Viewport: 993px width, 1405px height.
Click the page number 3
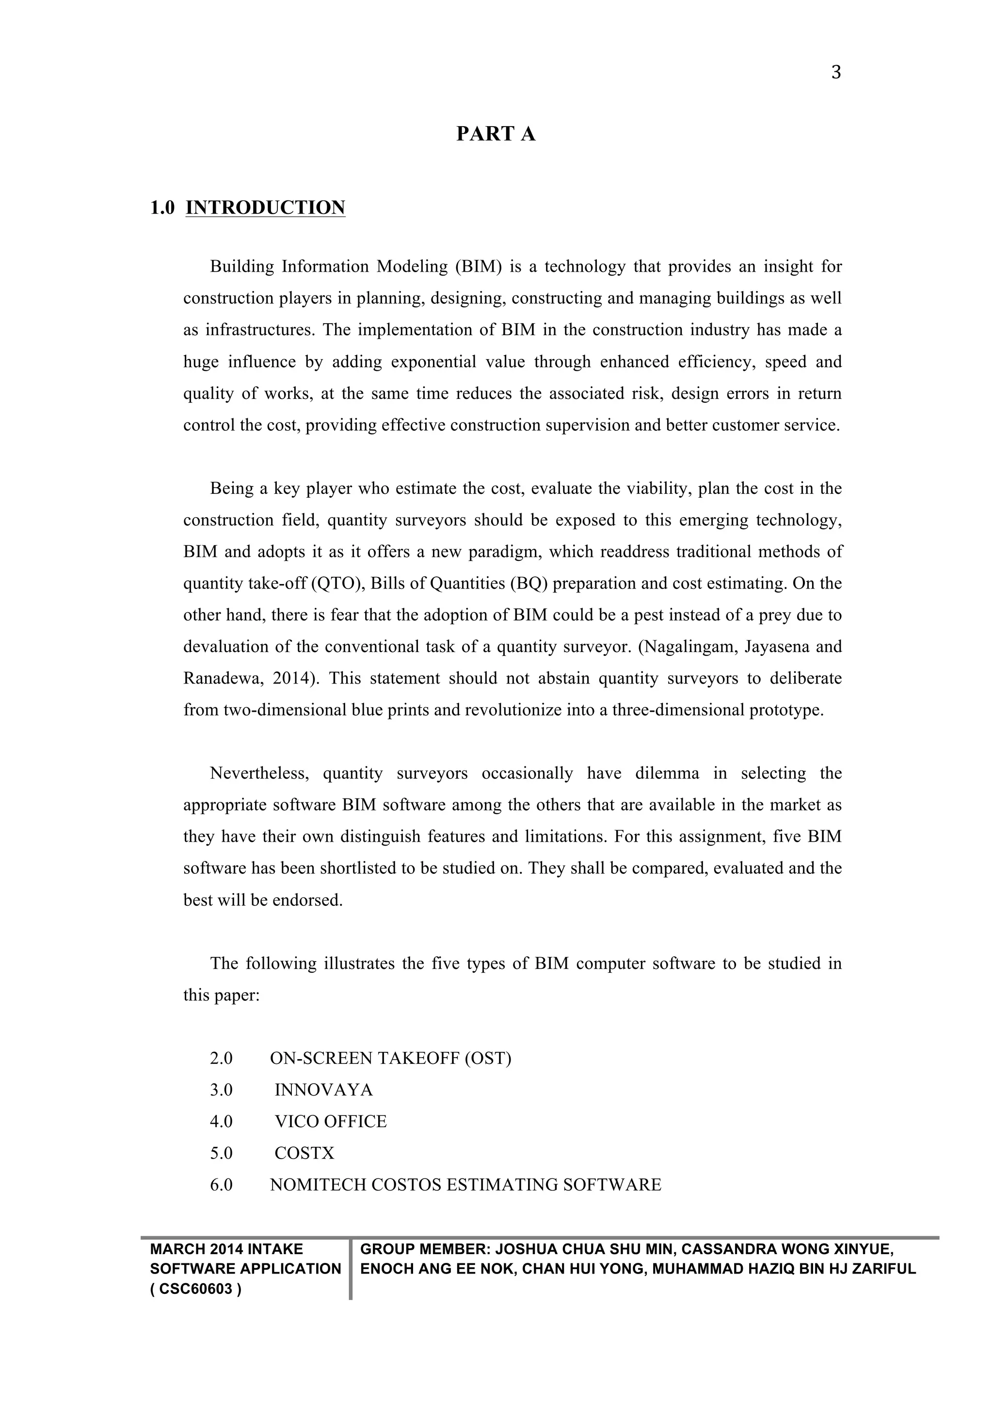pyautogui.click(x=836, y=73)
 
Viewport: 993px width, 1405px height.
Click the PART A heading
pyautogui.click(x=496, y=134)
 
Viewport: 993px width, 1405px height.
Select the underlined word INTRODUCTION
pyautogui.click(x=265, y=208)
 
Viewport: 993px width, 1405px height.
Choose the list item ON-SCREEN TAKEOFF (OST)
pyautogui.click(x=391, y=1058)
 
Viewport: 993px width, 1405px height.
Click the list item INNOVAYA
pyautogui.click(x=323, y=1090)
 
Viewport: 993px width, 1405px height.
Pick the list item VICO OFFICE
pyautogui.click(x=331, y=1122)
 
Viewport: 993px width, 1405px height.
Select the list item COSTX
pyautogui.click(x=304, y=1154)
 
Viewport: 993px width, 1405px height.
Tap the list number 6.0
pyautogui.click(x=222, y=1185)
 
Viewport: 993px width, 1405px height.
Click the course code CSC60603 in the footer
pyautogui.click(x=196, y=1290)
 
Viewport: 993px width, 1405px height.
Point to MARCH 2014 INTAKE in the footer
pyautogui.click(x=227, y=1250)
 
